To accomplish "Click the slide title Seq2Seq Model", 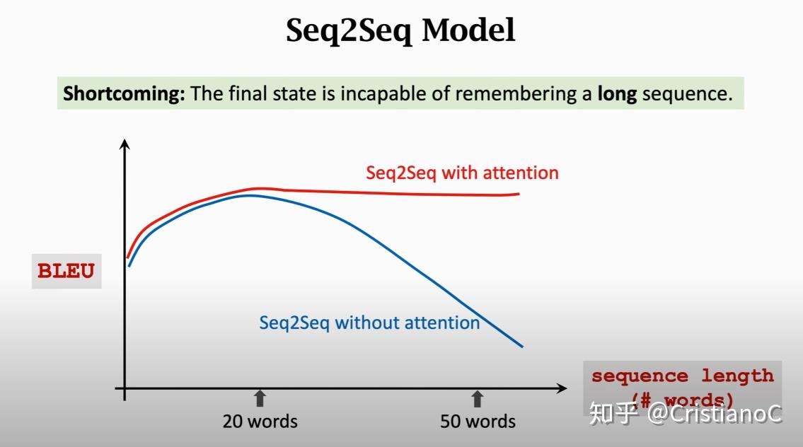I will point(400,31).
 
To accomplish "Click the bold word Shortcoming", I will point(123,94).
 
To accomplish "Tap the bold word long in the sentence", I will point(617,94).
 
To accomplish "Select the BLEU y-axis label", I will point(66,272).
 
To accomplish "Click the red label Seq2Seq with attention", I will point(462,173).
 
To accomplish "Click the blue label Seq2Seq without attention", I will point(369,323).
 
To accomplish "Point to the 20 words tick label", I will point(260,422).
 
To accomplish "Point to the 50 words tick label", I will point(478,422).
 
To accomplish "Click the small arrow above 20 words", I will point(260,398).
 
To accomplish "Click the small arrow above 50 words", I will point(478,398).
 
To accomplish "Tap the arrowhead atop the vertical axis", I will point(125,144).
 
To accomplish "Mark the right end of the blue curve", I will point(521,346).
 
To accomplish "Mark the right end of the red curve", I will point(519,194).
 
